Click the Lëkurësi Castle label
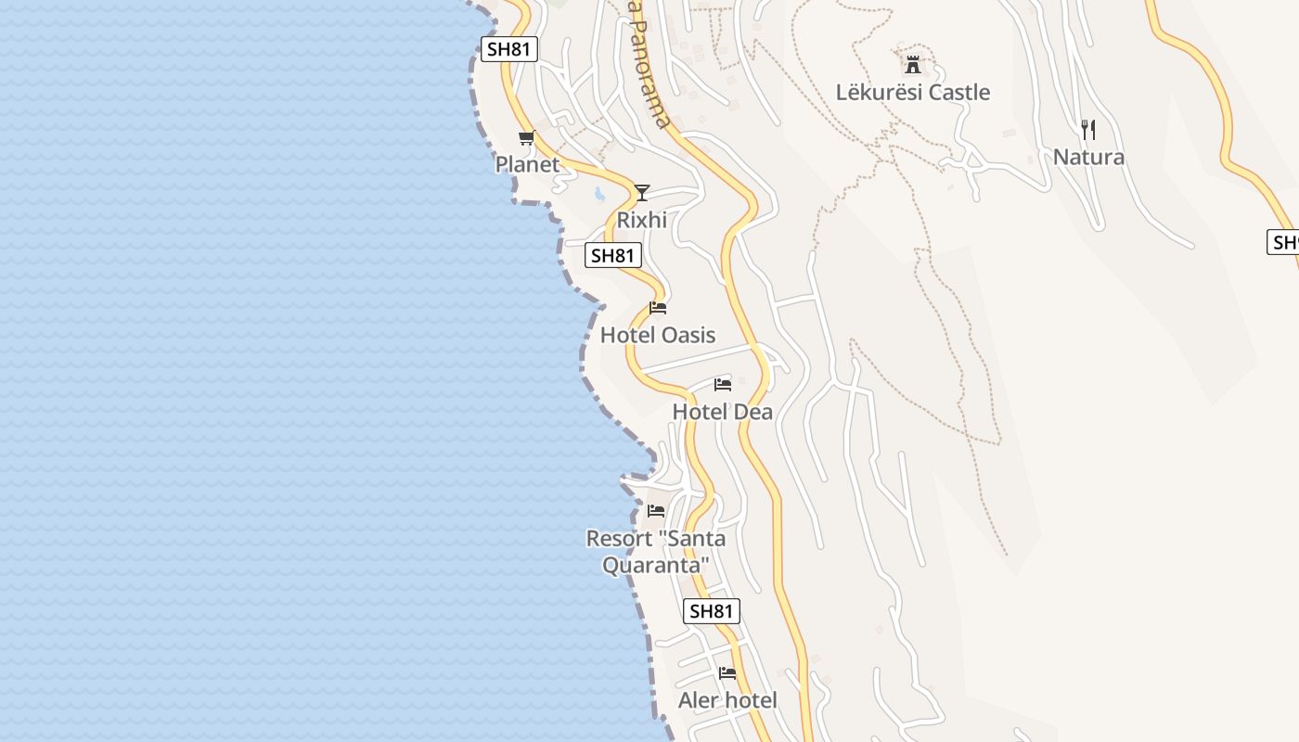click(x=913, y=93)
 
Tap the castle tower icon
click(x=913, y=65)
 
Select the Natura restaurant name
click(x=1088, y=157)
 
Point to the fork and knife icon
click(x=1088, y=129)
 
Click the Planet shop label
click(x=527, y=164)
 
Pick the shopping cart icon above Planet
click(x=526, y=138)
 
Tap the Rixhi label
click(x=641, y=220)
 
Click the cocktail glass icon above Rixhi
click(x=641, y=193)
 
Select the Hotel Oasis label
click(x=658, y=335)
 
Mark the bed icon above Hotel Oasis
click(x=658, y=308)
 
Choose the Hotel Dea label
click(x=722, y=412)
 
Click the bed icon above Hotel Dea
click(x=723, y=385)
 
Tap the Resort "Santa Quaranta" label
click(x=656, y=551)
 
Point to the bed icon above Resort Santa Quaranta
click(x=656, y=511)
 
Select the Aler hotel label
click(x=727, y=700)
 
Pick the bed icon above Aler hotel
click(x=727, y=673)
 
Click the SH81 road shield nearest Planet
click(x=508, y=49)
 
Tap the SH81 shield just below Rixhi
click(x=613, y=255)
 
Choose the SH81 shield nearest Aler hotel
click(x=712, y=611)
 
